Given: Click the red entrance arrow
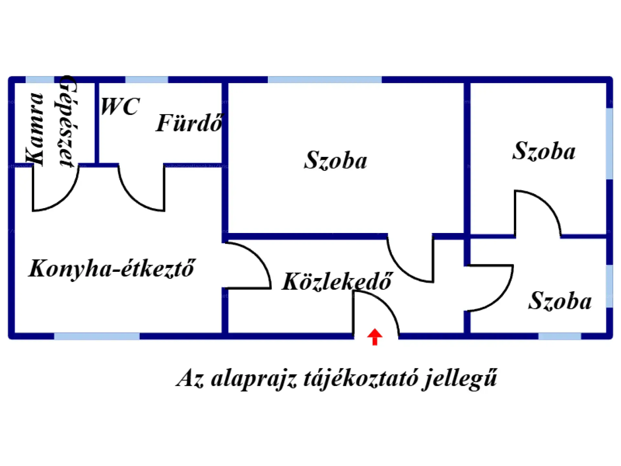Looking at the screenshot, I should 375,337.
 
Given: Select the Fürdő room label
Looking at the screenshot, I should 190,123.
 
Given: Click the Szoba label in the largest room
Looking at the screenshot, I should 335,160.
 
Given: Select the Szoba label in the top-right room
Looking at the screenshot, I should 544,151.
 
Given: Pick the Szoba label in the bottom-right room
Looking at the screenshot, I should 560,301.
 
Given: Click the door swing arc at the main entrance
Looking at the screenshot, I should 385,304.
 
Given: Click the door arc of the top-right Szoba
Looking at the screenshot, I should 547,204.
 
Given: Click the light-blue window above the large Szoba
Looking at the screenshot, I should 324,80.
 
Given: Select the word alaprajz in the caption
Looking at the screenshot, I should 254,378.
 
